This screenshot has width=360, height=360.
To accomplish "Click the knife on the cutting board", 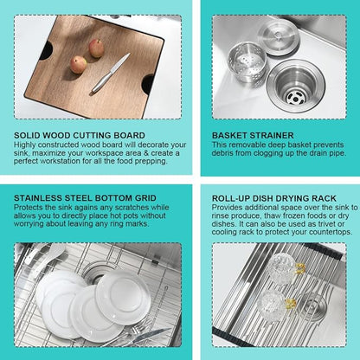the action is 111,73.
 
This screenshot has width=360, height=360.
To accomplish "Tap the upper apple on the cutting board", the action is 96,48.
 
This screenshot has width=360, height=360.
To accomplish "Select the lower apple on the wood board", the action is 78,64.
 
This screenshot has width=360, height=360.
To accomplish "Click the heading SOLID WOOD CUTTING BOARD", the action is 80,135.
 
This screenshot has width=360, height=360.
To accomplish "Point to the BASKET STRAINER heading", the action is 253,135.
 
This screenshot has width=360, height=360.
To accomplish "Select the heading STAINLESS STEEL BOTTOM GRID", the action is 85,198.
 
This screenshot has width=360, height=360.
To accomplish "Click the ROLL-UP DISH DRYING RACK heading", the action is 274,198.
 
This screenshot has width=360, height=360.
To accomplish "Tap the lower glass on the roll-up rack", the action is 275,304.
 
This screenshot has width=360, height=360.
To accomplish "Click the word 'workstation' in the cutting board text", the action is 61,161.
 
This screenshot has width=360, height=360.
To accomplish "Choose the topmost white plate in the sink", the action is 124,297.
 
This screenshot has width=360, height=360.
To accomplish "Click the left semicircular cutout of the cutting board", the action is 46,50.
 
